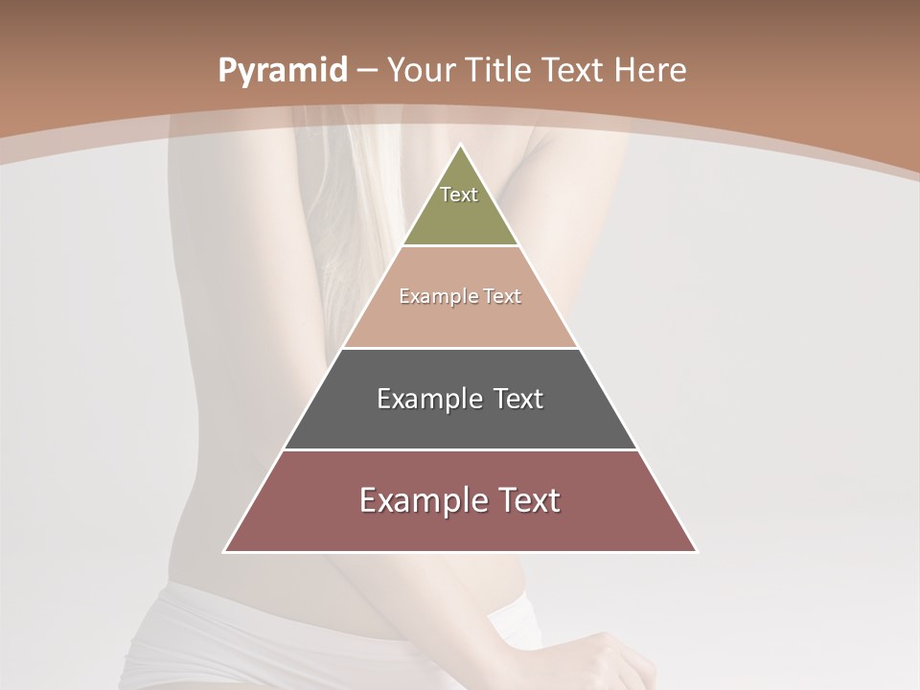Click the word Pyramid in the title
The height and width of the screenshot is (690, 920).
pyautogui.click(x=282, y=71)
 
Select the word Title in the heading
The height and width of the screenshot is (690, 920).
pyautogui.click(x=502, y=71)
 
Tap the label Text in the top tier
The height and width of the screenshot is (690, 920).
pyautogui.click(x=459, y=195)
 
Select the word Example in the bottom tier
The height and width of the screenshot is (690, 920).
pyautogui.click(x=423, y=500)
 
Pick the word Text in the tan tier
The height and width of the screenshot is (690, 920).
pyautogui.click(x=502, y=297)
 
